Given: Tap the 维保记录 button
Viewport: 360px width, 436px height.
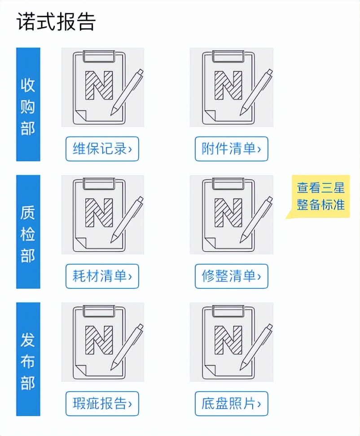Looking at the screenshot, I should click(x=102, y=149).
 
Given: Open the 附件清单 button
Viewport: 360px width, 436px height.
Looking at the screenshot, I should click(x=231, y=149).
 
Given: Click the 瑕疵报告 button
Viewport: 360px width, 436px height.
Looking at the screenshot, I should click(x=102, y=404).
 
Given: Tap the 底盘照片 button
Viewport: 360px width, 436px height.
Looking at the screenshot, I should click(x=231, y=404).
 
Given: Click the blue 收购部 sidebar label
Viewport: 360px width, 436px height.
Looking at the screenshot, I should click(x=28, y=105).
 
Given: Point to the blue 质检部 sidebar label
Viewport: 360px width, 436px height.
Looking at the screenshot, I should click(x=28, y=232).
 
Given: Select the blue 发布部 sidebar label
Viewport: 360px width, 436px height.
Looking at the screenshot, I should click(x=28, y=359).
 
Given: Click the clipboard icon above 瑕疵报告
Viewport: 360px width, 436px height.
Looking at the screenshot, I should click(x=102, y=342).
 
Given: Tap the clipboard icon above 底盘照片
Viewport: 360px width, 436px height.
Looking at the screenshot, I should click(x=231, y=342).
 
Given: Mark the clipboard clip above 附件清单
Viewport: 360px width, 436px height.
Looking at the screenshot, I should click(x=228, y=56).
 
